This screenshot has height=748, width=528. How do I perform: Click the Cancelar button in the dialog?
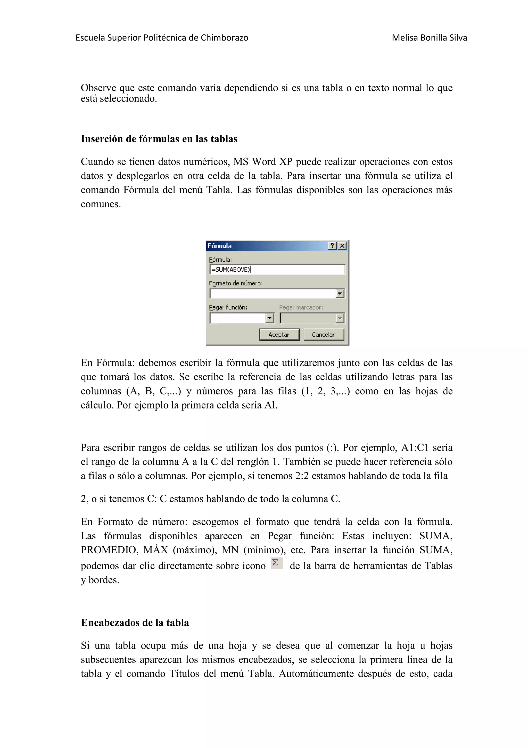pos(323,335)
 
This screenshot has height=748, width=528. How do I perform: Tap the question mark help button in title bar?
pos(332,246)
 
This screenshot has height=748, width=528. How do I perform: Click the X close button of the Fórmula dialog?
pos(342,246)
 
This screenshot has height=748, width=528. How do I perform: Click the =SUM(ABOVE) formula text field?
pos(277,269)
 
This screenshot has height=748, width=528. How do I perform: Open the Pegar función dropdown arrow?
pos(270,318)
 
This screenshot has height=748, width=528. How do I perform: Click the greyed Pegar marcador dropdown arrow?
pos(340,318)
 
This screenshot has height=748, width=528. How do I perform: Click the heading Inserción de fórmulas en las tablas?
pos(159,139)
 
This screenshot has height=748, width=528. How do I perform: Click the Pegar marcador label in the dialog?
pos(301,307)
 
